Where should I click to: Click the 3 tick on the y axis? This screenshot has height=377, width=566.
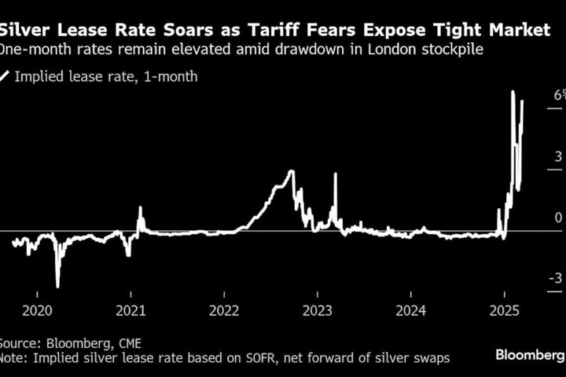point(558,156)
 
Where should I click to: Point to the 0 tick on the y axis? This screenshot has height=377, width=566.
point(558,217)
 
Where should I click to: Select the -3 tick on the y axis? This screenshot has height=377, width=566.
point(556,278)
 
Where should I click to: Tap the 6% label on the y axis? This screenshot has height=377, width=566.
point(559,94)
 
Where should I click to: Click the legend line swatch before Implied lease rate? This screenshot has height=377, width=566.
point(6,76)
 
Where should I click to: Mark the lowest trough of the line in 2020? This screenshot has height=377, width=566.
point(57,287)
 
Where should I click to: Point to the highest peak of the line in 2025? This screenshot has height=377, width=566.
point(513,92)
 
